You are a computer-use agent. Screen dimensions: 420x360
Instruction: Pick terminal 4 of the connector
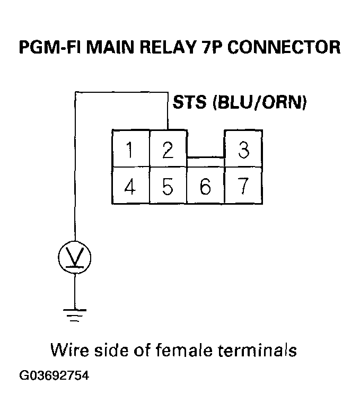pos(130,186)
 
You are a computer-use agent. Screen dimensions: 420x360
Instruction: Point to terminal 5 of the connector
pos(168,186)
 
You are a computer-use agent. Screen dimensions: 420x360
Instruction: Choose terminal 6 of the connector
pos(206,186)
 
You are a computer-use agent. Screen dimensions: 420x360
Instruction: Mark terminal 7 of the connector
pos(244,186)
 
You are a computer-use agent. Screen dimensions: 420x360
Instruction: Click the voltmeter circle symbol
pos(74,258)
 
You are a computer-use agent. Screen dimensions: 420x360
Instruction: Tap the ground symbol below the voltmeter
pos(74,314)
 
